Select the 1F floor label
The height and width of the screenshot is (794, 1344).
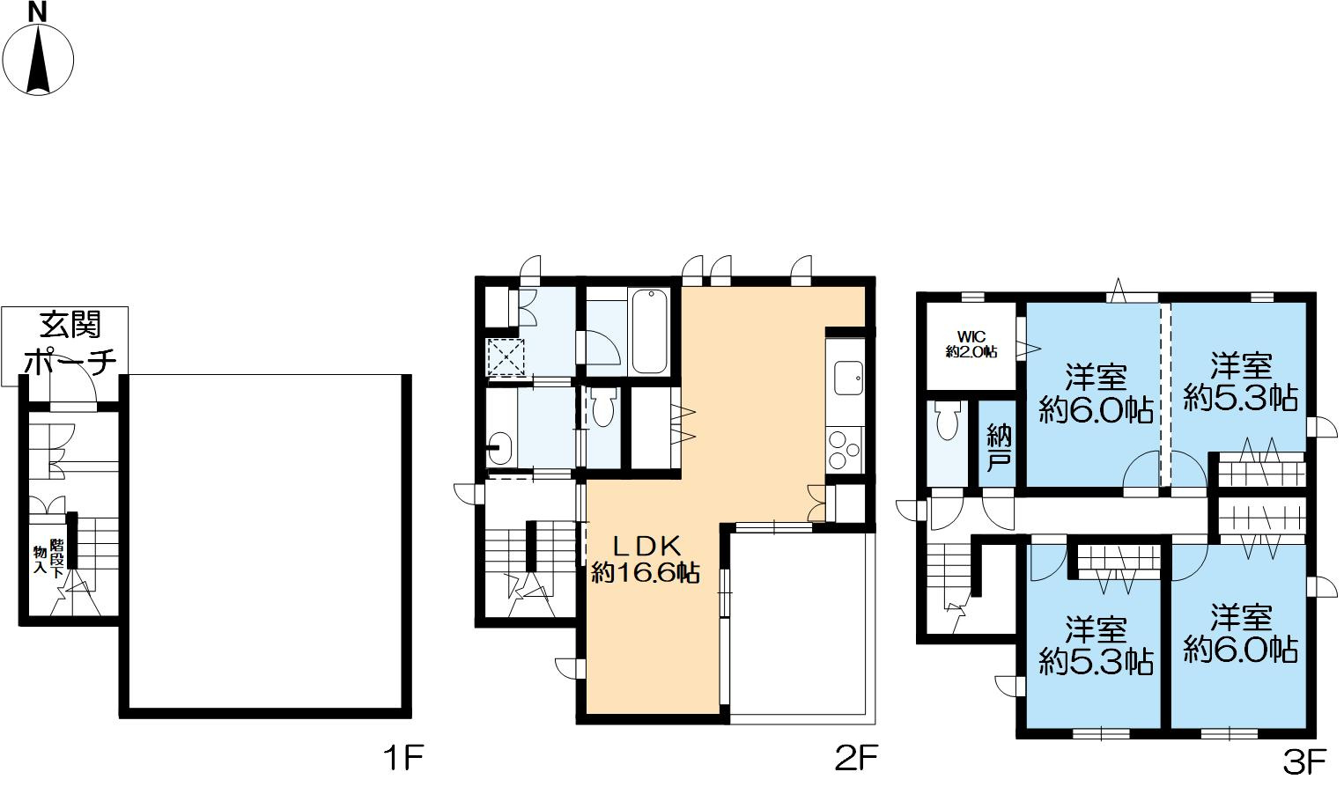[403, 758]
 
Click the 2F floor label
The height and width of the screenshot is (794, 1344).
[856, 758]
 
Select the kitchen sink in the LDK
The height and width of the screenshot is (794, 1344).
[848, 378]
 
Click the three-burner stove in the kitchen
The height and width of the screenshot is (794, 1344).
[845, 449]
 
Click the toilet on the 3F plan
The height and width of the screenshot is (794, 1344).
[947, 419]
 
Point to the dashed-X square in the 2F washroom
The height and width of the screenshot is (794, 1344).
[506, 358]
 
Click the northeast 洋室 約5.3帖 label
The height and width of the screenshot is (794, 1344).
[1240, 383]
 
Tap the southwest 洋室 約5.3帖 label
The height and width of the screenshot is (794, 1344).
[1096, 645]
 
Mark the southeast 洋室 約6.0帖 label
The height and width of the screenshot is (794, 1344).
[1240, 633]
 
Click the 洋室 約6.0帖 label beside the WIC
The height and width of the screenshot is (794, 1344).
[1096, 394]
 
